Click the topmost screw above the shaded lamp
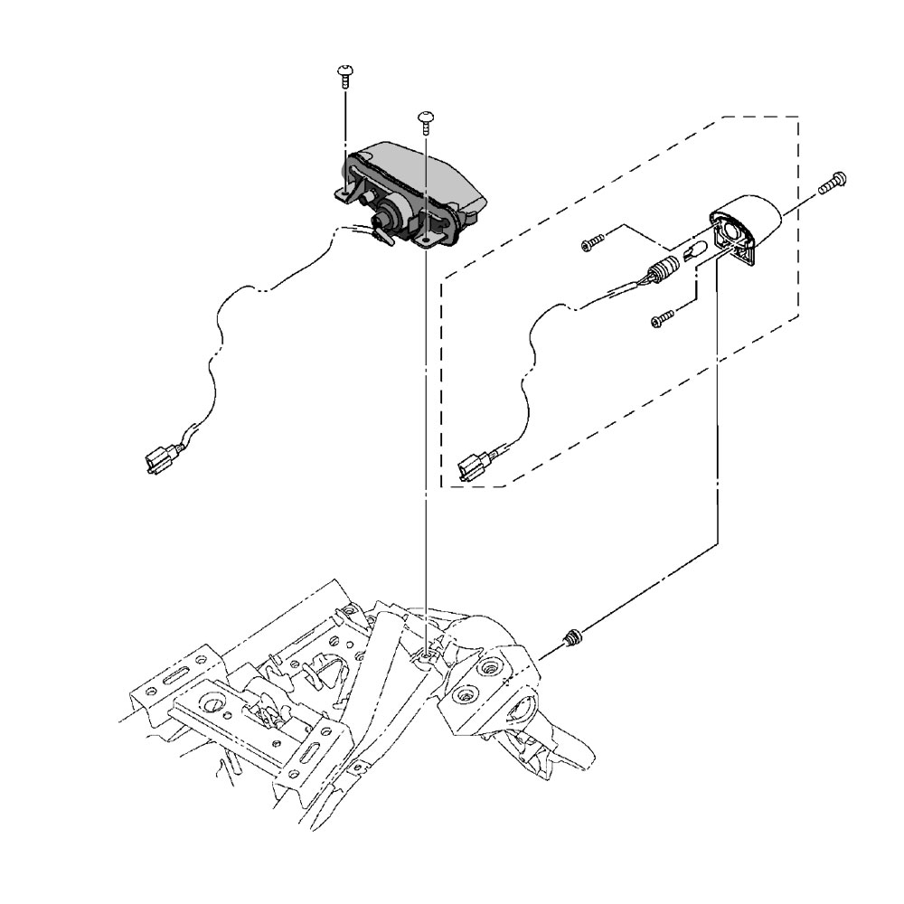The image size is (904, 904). [344, 72]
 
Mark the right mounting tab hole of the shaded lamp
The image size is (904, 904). [425, 242]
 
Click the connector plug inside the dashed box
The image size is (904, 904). [471, 468]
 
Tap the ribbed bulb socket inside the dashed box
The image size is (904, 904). [664, 270]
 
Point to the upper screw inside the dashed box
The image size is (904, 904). [591, 242]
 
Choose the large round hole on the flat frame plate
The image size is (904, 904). [215, 704]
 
